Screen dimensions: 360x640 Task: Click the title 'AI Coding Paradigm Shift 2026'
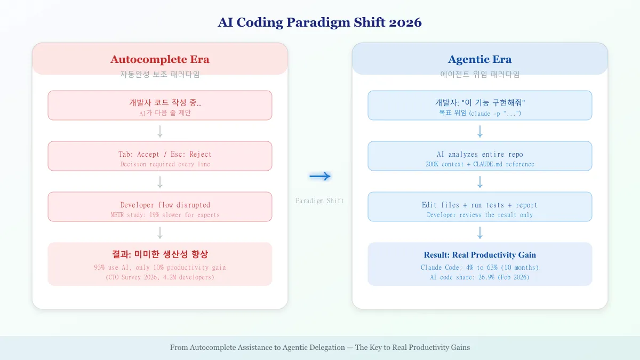pyautogui.click(x=320, y=22)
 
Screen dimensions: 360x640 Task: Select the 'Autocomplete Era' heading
pyautogui.click(x=160, y=59)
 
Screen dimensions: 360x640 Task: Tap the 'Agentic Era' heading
pyautogui.click(x=479, y=59)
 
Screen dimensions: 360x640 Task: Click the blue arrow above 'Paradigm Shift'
pyautogui.click(x=320, y=177)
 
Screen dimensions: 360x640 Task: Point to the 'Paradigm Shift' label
pyautogui.click(x=320, y=201)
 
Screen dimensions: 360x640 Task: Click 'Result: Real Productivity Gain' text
pyautogui.click(x=479, y=255)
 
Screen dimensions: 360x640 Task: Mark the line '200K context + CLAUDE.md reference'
pyautogui.click(x=479, y=164)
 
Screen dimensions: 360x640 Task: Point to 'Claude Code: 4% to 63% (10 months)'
pyautogui.click(x=479, y=267)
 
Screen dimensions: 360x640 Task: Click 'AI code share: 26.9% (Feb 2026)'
pyautogui.click(x=479, y=277)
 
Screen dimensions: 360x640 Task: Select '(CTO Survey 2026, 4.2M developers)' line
pyautogui.click(x=160, y=277)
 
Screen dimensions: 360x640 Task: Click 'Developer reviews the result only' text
pyautogui.click(x=479, y=215)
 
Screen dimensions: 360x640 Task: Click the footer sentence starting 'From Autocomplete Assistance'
pyautogui.click(x=320, y=347)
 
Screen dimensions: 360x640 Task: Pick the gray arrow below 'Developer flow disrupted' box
pyautogui.click(x=160, y=233)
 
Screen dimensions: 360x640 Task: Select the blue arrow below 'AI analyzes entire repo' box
pyautogui.click(x=479, y=182)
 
